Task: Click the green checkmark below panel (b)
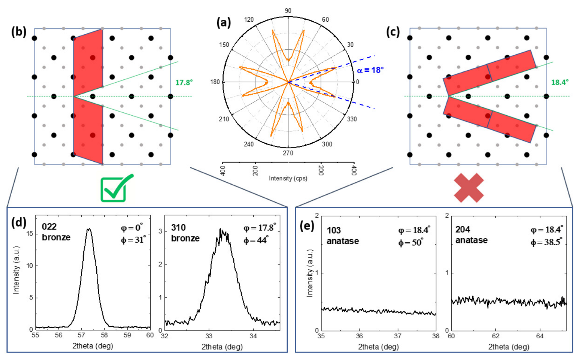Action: pos(116,188)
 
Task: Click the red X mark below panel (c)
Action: pos(469,188)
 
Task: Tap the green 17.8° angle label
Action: pos(184,82)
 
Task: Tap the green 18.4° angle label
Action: pos(560,82)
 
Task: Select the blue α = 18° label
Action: pos(370,70)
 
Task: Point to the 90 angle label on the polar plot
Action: pos(288,11)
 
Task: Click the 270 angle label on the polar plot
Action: pos(288,153)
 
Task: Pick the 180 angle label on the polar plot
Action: pos(215,82)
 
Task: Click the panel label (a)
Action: pos(224,22)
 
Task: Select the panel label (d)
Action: pos(19,223)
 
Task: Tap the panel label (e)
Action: pos(307,225)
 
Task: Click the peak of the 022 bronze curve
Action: pos(89,229)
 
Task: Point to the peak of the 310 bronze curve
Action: pos(221,230)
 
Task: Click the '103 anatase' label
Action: pos(342,236)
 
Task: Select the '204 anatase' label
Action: pos(471,235)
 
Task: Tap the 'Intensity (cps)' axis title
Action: pos(288,178)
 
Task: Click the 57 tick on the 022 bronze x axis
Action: pos(81,335)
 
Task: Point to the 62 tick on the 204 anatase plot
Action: pos(496,336)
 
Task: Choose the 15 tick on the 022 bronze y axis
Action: pos(29,234)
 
